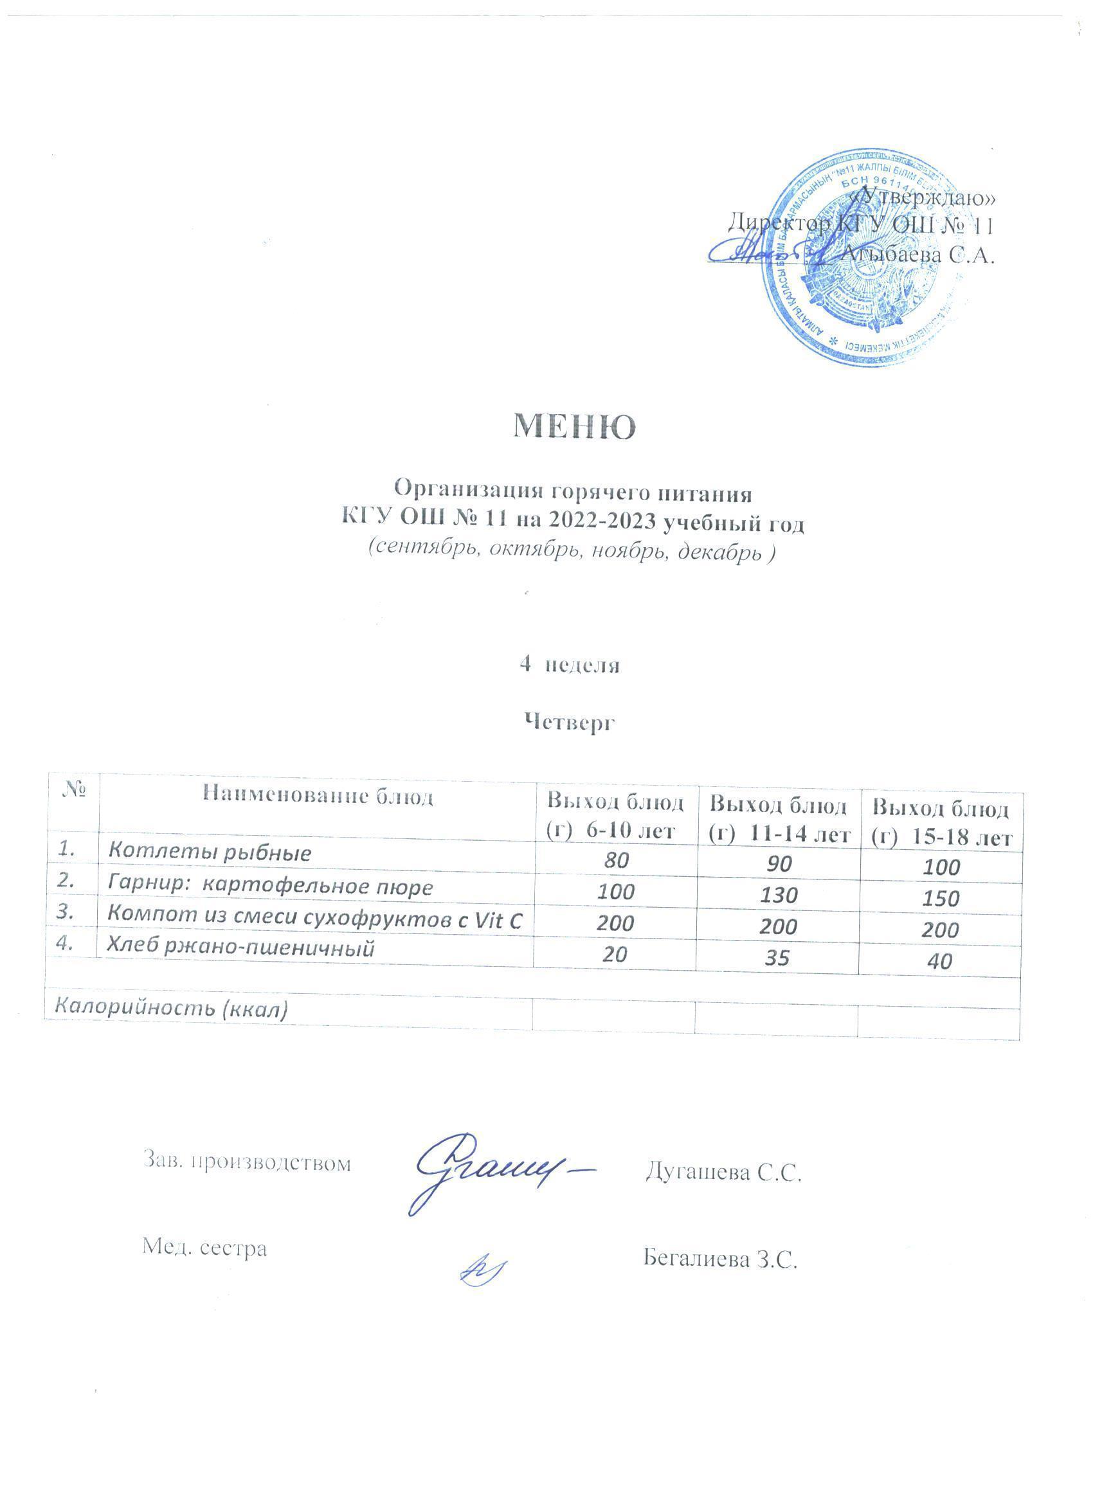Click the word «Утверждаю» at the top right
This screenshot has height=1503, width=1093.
coord(924,197)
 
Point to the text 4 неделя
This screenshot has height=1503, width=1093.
coord(570,665)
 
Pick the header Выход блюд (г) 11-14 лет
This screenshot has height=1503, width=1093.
coord(778,820)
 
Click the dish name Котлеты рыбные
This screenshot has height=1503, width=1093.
coord(210,852)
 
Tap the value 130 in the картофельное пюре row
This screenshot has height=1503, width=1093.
coord(778,896)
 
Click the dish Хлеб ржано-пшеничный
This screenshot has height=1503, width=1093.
coord(241,948)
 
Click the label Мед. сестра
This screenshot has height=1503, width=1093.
coord(205,1248)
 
